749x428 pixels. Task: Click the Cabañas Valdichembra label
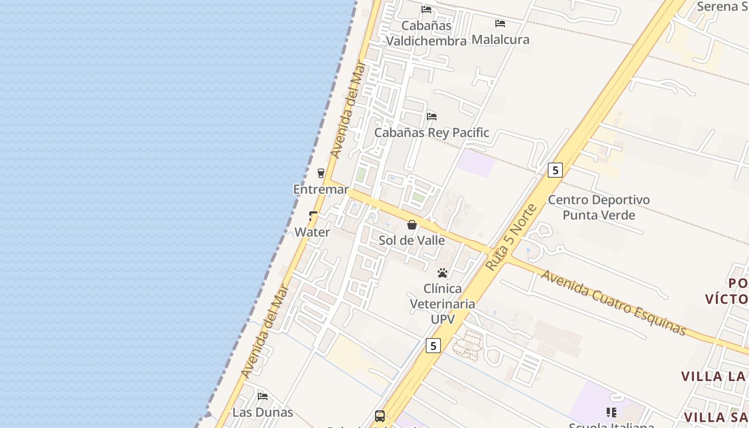point(426,33)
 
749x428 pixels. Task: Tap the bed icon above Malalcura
point(500,24)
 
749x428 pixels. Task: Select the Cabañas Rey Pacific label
point(431,133)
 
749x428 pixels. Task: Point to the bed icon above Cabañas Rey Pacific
point(432,116)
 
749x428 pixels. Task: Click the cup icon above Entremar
point(321,173)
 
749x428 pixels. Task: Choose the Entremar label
point(321,189)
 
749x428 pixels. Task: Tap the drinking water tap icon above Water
point(313,216)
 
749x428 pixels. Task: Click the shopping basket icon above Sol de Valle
point(412,225)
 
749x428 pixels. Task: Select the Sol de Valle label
point(411,240)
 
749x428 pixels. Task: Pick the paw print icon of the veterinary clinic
point(442,273)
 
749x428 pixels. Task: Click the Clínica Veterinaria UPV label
point(442,304)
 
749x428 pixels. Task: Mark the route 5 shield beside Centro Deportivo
point(555,170)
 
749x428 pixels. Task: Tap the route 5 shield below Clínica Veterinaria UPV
point(433,346)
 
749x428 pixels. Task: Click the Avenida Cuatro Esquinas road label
point(614,303)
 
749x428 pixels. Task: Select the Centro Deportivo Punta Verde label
point(599,208)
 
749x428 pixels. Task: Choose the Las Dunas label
point(263,412)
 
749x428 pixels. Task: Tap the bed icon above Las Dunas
point(263,396)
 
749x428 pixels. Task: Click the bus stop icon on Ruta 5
point(380,416)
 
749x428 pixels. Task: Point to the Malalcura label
point(500,40)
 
